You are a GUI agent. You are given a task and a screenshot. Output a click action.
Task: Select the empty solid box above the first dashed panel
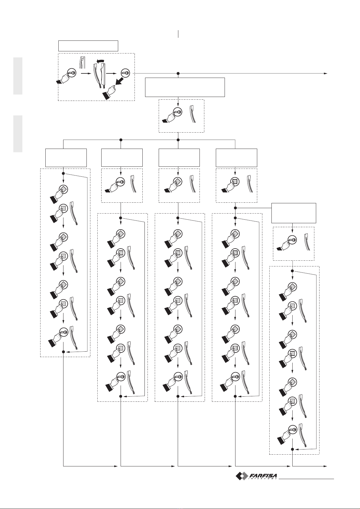click(x=88, y=46)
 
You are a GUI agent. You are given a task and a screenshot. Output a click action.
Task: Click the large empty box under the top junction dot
click(x=185, y=87)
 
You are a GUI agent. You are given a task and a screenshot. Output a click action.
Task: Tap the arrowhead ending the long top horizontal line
click(x=326, y=73)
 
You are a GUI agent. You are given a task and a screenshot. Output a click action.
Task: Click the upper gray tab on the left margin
click(x=18, y=76)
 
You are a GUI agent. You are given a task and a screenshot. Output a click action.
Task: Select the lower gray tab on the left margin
click(x=18, y=134)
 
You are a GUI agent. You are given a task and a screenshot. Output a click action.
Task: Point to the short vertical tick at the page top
click(x=178, y=34)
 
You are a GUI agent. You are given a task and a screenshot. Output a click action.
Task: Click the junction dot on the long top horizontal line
click(x=178, y=73)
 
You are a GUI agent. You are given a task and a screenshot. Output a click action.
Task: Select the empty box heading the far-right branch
click(x=294, y=213)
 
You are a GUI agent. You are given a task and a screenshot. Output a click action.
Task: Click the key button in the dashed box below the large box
click(x=177, y=112)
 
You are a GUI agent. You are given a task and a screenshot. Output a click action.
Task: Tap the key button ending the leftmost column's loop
click(x=63, y=332)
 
